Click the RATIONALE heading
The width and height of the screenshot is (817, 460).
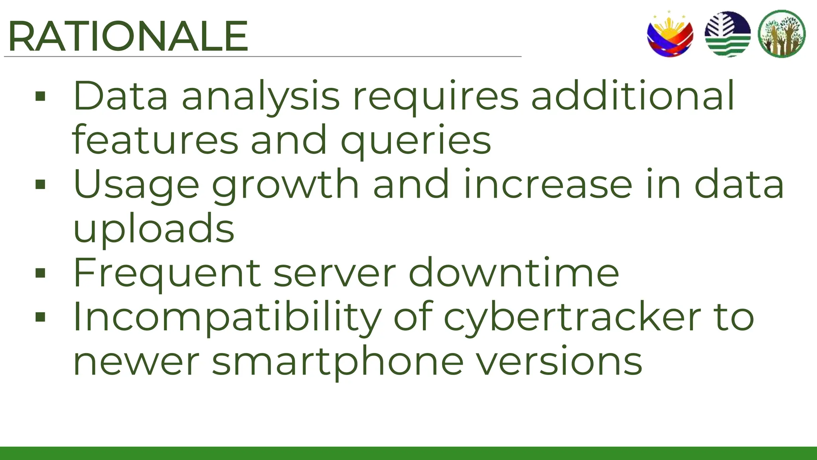click(128, 37)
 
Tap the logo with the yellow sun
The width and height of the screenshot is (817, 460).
click(670, 34)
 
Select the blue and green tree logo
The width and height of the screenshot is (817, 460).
click(728, 34)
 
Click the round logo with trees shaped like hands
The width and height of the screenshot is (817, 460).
click(782, 34)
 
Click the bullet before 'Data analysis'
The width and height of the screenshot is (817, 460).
click(40, 96)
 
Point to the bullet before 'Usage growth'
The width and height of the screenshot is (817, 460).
click(40, 184)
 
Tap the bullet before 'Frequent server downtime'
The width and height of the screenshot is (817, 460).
click(40, 273)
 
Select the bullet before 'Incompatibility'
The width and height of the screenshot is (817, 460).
click(40, 317)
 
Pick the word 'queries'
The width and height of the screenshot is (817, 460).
click(416, 141)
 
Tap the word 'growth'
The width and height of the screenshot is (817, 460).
click(286, 185)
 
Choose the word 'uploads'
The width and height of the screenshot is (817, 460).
click(154, 228)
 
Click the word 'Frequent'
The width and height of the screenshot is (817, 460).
click(167, 273)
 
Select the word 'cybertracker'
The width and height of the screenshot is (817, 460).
click(572, 317)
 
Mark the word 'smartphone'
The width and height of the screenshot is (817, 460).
click(337, 362)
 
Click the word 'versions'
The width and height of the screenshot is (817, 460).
click(559, 362)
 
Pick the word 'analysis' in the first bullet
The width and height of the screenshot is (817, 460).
click(261, 97)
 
